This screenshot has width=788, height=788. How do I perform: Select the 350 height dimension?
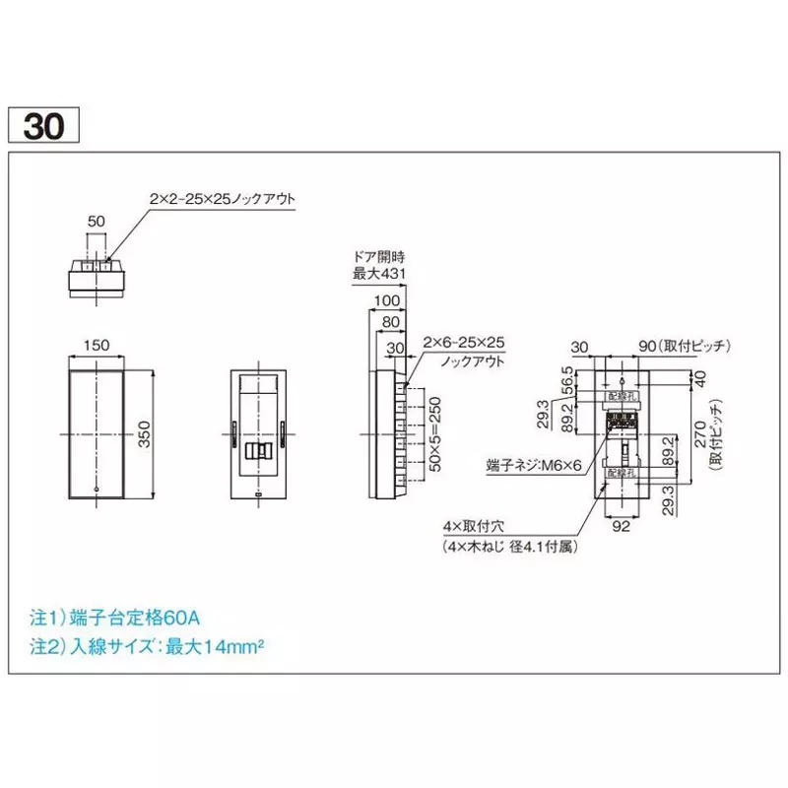coord(145,433)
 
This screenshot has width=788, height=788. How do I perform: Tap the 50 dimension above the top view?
coord(95,222)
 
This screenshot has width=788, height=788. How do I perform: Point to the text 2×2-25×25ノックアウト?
coord(222,199)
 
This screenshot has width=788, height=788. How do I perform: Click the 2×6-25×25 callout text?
coord(463,342)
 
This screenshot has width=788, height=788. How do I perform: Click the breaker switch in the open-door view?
coord(257,451)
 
